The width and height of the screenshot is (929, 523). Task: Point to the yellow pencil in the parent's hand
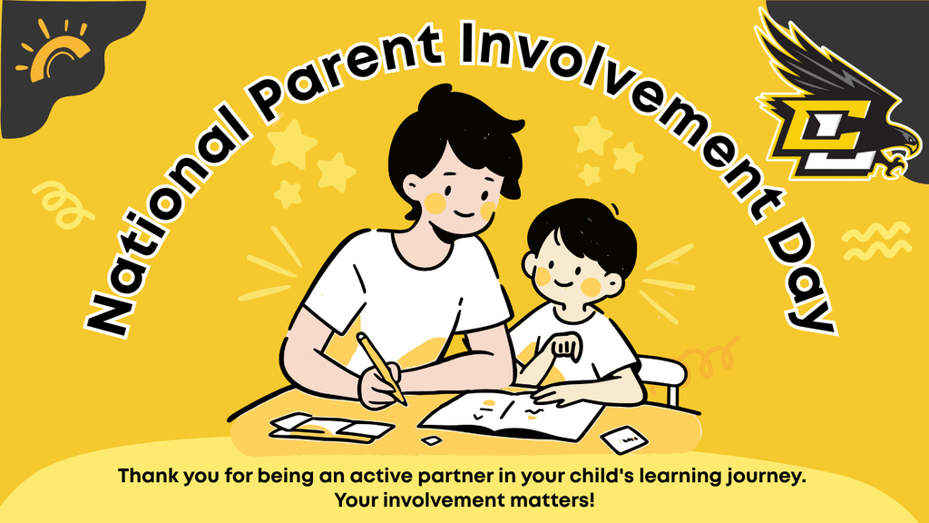[x=381, y=368]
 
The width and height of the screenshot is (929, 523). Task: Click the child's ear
[x=530, y=264]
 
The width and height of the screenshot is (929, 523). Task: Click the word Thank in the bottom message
[x=144, y=476]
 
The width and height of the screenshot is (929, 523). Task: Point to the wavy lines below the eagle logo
[x=875, y=241]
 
